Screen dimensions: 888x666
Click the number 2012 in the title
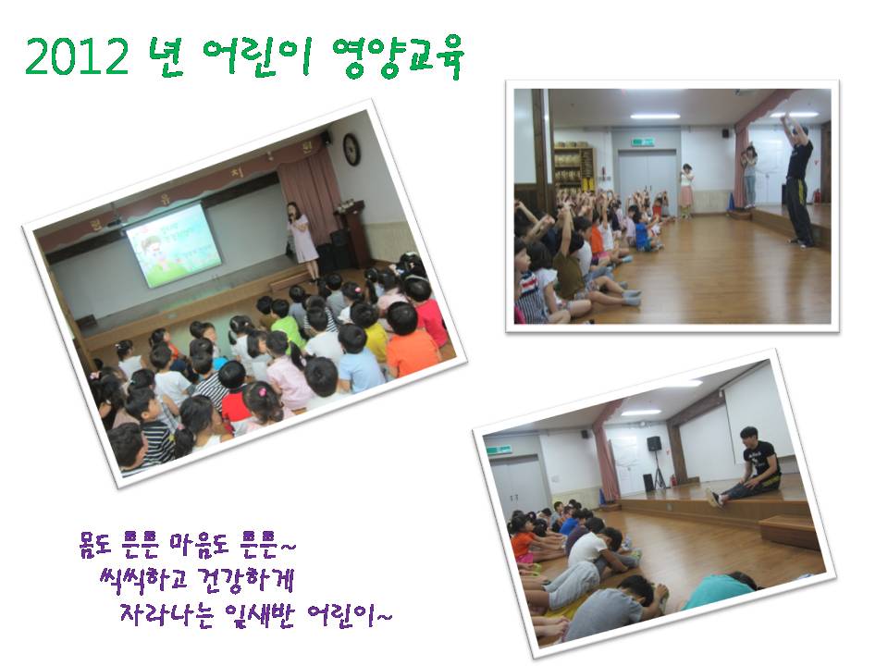click(x=77, y=56)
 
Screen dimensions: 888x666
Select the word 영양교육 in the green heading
click(x=398, y=56)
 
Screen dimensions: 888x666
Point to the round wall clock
click(x=351, y=150)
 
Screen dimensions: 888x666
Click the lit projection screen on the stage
click(x=174, y=245)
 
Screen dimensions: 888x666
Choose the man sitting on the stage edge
click(x=747, y=466)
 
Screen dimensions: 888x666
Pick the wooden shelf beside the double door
click(x=573, y=167)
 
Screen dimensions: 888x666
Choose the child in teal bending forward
click(x=720, y=589)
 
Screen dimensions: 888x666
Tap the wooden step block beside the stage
click(x=789, y=531)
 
